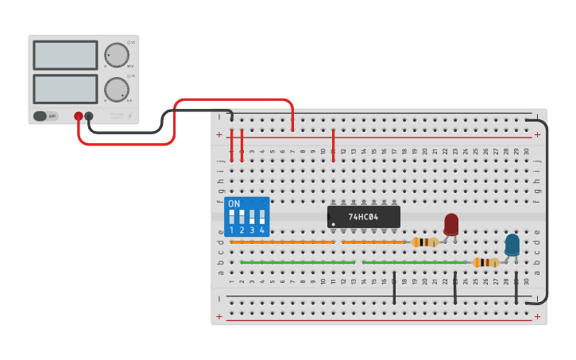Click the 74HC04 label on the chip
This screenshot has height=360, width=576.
[x=365, y=216]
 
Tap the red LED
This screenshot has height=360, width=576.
[x=451, y=223]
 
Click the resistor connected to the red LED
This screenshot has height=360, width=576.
[x=425, y=242]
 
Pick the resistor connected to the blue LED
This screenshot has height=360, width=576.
[x=485, y=262]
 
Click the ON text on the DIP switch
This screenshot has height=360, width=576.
[x=234, y=204]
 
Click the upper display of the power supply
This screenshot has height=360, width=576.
[x=65, y=55]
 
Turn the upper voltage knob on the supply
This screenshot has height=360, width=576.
[x=117, y=55]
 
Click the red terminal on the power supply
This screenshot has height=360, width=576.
[x=78, y=116]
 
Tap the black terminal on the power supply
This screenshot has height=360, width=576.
[x=89, y=116]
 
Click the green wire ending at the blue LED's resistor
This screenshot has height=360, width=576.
[x=413, y=262]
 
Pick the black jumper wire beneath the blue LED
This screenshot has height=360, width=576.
[x=516, y=288]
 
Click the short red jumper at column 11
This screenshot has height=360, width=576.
[x=334, y=145]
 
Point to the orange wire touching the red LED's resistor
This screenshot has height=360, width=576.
[x=373, y=242]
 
